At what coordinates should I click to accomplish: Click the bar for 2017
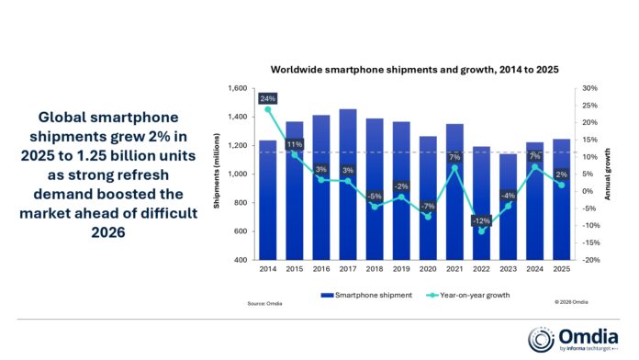[322, 184]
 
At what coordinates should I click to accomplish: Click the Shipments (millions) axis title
[217, 174]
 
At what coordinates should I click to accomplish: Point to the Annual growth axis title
[607, 174]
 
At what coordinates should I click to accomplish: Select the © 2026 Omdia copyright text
[572, 302]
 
